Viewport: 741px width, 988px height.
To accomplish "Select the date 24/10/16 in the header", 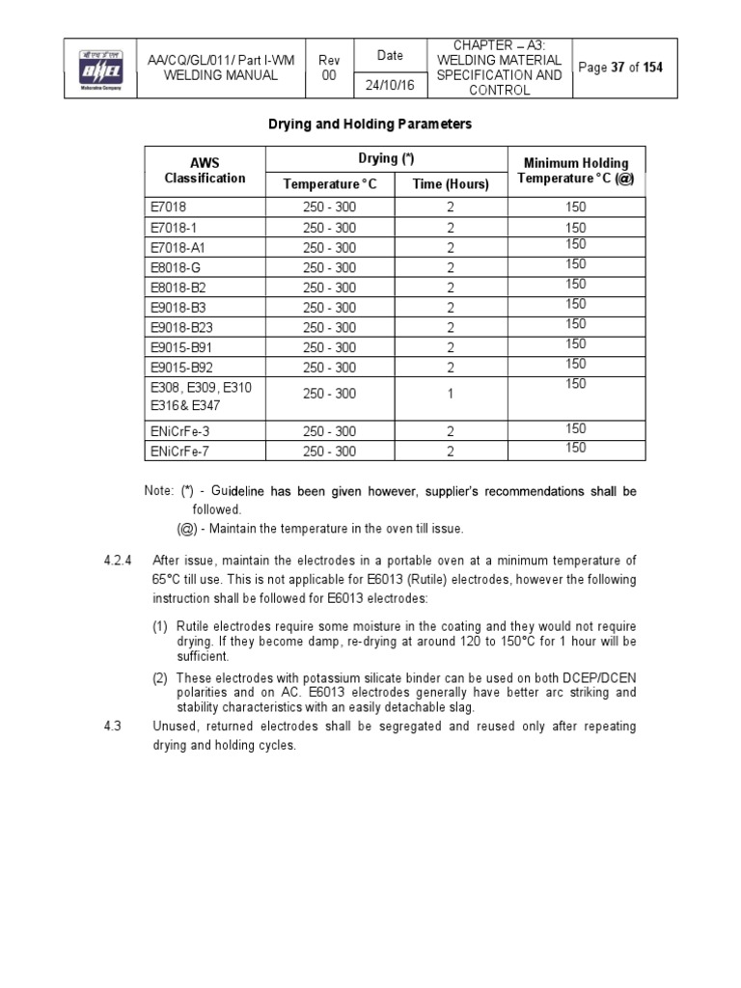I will pos(383,86).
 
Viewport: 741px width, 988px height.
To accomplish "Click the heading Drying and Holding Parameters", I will pos(370,124).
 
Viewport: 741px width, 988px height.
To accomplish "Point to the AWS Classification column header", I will pos(205,171).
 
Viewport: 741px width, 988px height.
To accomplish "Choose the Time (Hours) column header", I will pos(451,184).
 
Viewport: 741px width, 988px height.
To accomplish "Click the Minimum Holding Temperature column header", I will pos(575,171).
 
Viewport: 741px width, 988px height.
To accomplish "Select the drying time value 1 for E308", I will pos(451,394).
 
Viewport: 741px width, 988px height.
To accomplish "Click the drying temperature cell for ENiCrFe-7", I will pos(329,451).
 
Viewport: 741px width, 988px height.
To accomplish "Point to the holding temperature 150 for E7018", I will pos(575,207).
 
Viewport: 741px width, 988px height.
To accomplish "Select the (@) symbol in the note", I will pos(187,528).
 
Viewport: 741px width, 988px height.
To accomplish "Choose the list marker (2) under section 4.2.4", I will pos(160,677).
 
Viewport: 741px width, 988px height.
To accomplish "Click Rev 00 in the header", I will pos(329,68).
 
